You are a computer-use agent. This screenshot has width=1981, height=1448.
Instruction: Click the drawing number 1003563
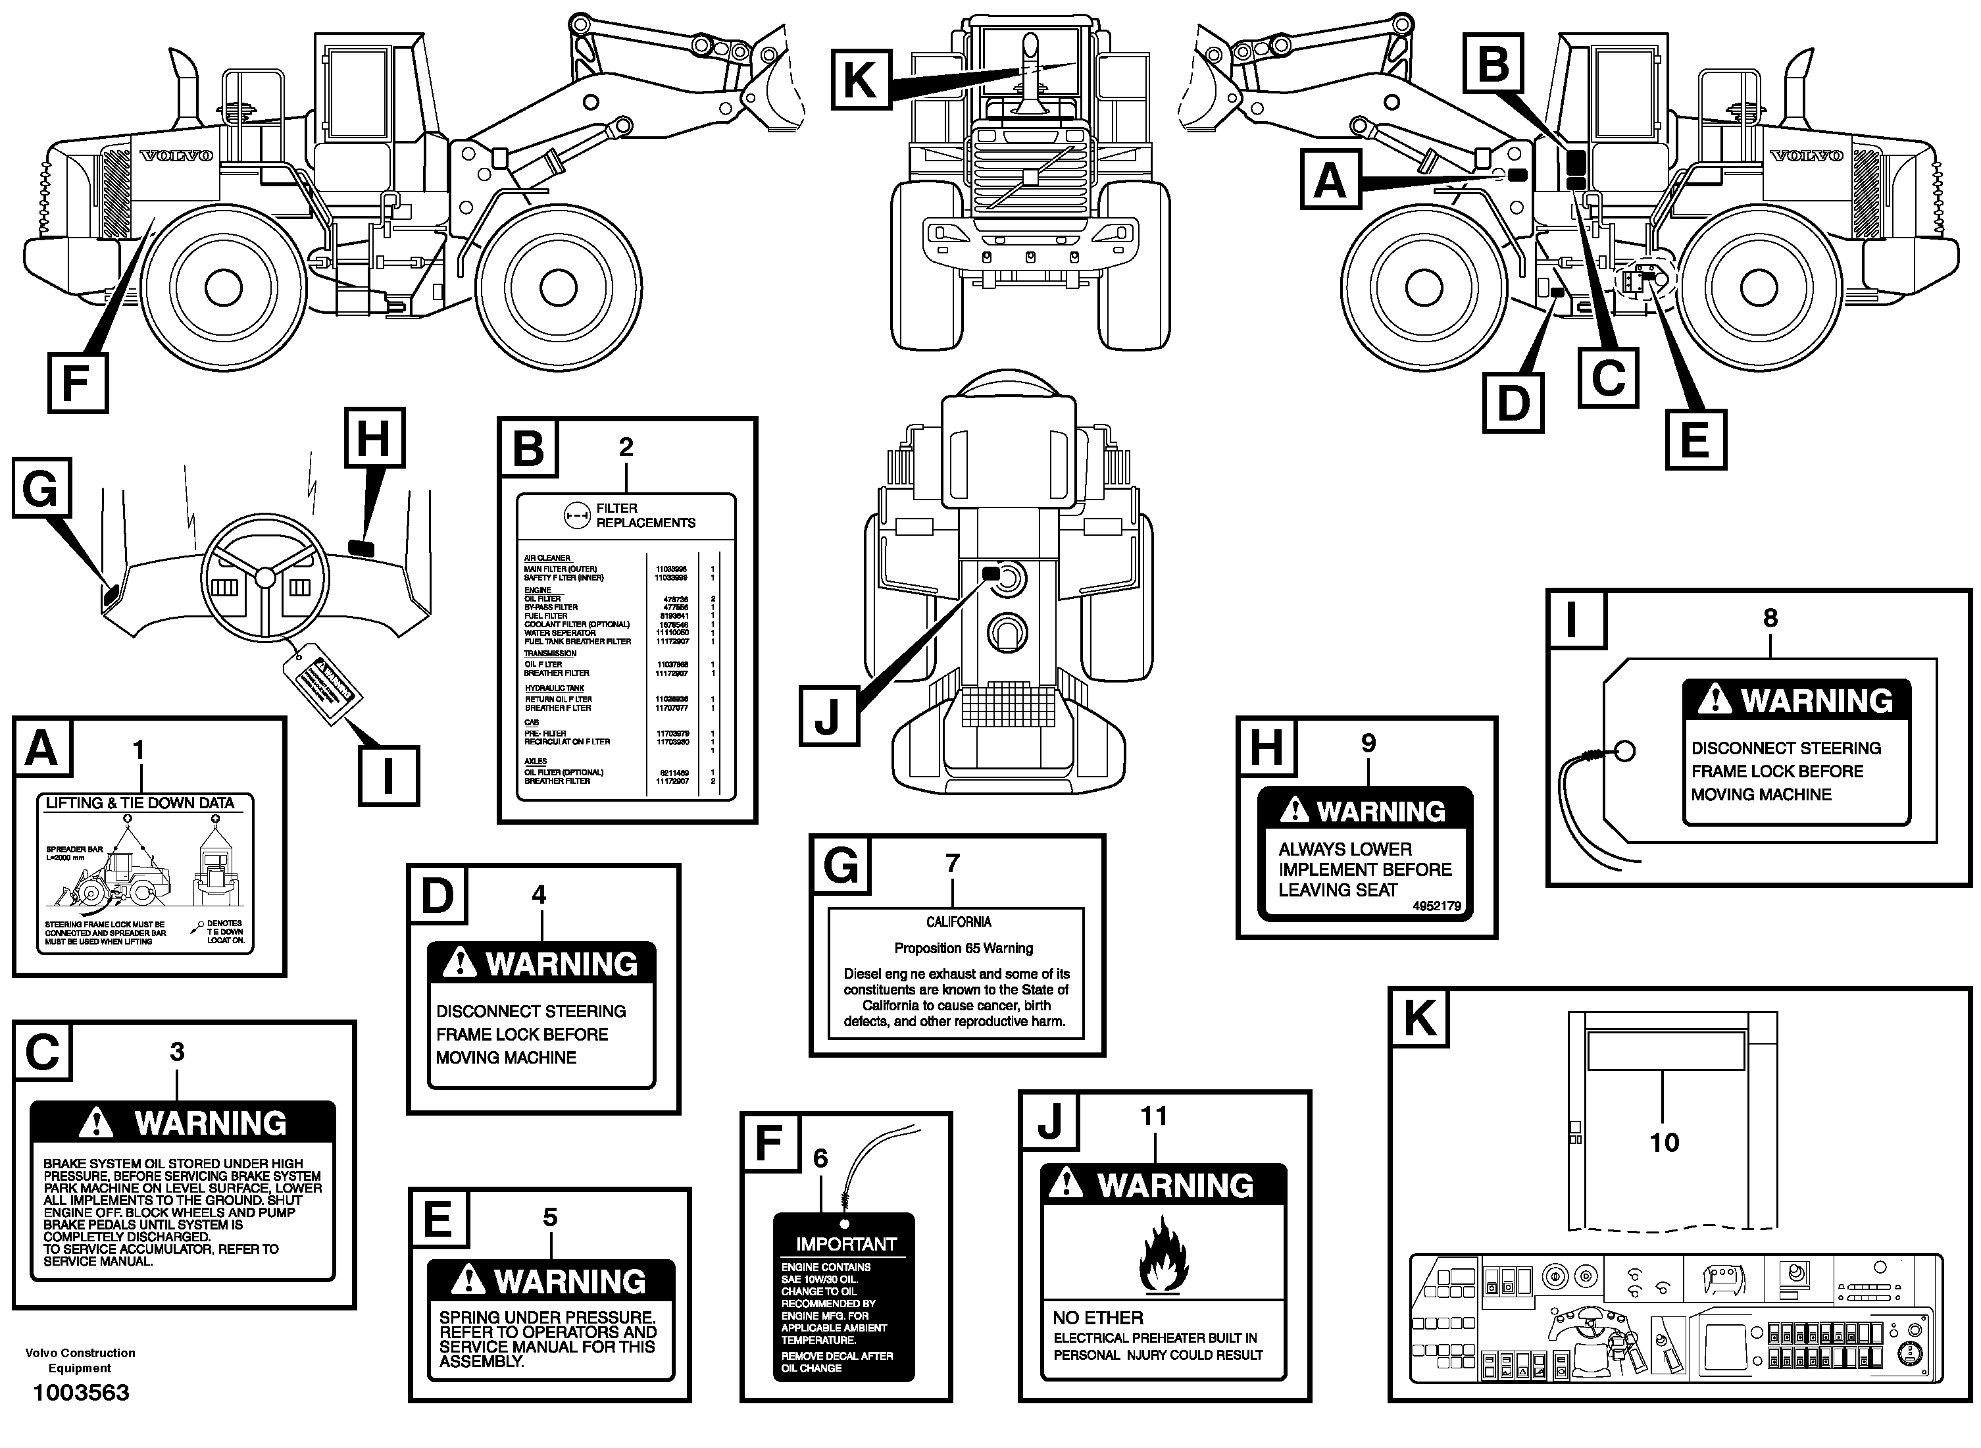coord(81,1392)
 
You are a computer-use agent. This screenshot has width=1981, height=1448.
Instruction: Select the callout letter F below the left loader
coord(77,383)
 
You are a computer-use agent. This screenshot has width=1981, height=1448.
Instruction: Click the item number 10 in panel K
coord(1664,1142)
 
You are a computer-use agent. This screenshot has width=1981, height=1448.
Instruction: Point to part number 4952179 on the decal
coord(1436,906)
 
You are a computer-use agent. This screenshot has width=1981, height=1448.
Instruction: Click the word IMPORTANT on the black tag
coord(845,1244)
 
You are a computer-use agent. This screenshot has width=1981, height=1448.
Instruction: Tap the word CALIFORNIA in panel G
coord(959,922)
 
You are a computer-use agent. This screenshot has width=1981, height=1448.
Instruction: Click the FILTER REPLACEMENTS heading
coord(645,515)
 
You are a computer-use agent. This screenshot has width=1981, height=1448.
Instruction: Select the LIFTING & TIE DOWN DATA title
coord(140,803)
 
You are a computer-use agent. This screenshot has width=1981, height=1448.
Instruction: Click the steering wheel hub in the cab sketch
coord(264,576)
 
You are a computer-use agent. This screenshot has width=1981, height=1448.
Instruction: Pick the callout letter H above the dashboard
coord(374,438)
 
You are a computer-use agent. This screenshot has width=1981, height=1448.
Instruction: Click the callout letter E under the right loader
coord(1695,439)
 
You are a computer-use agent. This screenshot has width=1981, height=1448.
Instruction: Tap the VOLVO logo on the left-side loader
coord(177,156)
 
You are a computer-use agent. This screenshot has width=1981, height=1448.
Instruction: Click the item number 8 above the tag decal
coord(1770,618)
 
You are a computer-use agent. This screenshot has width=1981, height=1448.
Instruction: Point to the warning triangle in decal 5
coord(468,1281)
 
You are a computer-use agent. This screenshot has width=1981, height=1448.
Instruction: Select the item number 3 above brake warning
coord(177,1052)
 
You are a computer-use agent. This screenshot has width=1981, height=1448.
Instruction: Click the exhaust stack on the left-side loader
coord(186,88)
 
